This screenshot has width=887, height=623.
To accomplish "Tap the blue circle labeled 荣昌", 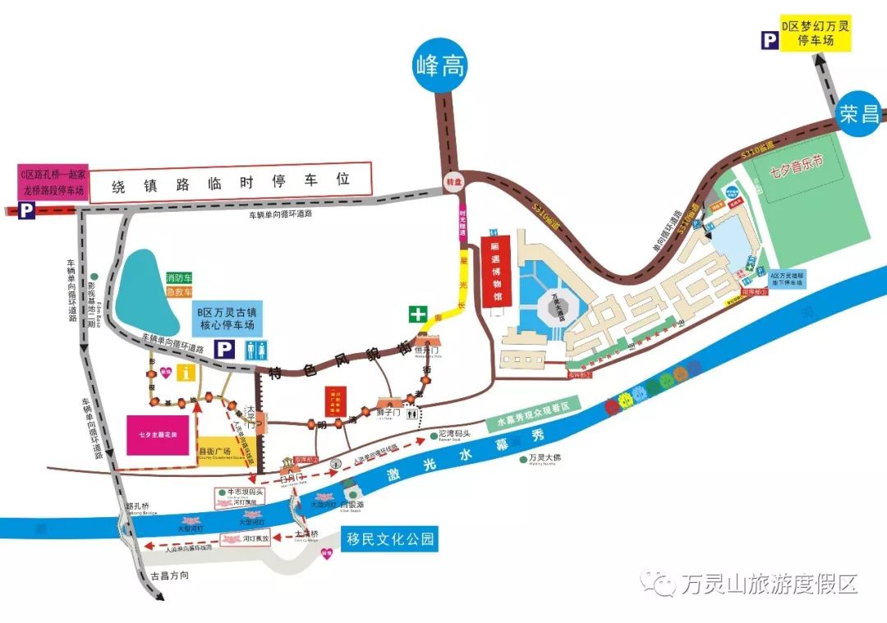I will click(x=861, y=114).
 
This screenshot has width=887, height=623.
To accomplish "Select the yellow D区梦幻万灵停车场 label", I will click(x=816, y=34).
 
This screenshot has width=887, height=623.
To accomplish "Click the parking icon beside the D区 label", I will click(x=770, y=39).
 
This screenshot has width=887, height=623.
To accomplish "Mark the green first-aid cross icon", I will click(x=419, y=314).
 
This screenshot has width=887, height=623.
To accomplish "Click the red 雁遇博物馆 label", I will click(x=495, y=271).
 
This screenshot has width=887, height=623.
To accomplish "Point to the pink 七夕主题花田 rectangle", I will click(x=158, y=433).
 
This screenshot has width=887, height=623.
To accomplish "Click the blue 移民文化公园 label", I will click(x=388, y=539).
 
